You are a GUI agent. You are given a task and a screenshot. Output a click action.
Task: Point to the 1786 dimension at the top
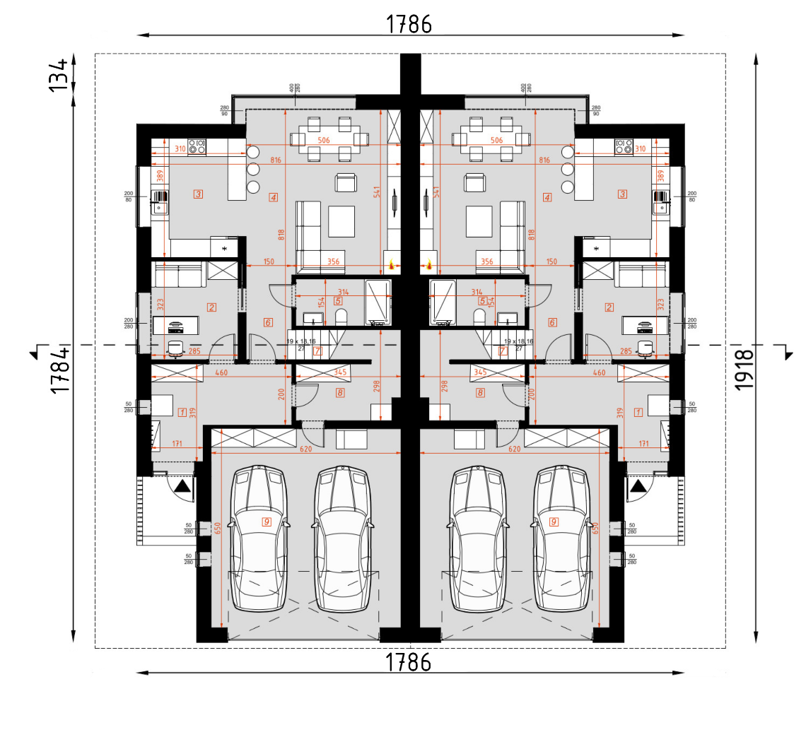click(x=409, y=24)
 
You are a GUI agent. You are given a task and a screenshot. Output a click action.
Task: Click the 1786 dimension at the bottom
click(x=409, y=662)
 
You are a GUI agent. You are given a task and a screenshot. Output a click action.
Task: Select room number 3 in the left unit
click(x=198, y=194)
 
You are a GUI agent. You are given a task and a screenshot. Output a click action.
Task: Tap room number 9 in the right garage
click(x=554, y=522)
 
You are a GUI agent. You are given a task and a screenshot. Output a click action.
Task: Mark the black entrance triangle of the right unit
click(x=638, y=485)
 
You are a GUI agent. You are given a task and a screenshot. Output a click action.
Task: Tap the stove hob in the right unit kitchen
click(x=624, y=147)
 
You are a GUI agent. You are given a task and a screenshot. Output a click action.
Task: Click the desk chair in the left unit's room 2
click(x=175, y=346)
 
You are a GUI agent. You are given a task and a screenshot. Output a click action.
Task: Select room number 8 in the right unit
click(x=481, y=392)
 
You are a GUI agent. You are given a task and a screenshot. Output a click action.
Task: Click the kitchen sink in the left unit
click(x=159, y=205)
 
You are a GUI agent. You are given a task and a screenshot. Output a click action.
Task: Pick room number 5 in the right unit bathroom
click(x=481, y=300)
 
